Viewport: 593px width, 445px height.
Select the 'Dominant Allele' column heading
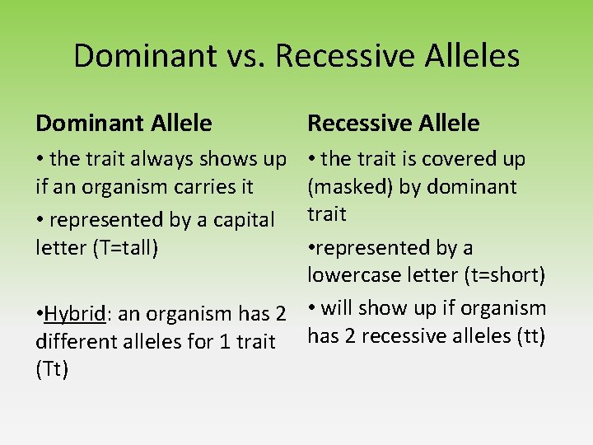[124, 124]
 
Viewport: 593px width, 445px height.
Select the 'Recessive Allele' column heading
[393, 124]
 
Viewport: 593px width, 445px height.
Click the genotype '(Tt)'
[52, 369]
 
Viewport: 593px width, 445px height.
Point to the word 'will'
[338, 308]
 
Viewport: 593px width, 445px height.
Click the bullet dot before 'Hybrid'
[40, 315]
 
